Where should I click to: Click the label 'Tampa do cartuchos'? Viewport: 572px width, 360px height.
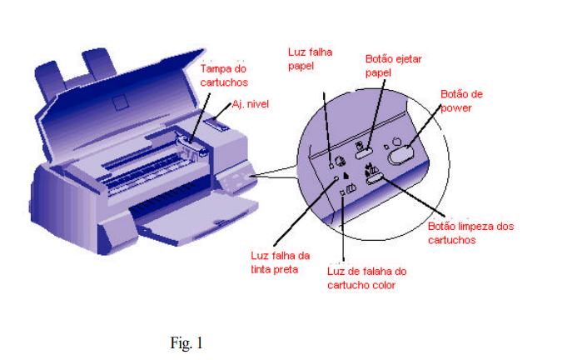[224, 76]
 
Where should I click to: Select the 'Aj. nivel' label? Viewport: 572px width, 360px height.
[251, 104]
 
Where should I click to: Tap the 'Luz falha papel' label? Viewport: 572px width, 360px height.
[310, 59]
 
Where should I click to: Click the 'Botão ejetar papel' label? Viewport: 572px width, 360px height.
[393, 66]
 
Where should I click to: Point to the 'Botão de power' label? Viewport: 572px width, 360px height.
[461, 101]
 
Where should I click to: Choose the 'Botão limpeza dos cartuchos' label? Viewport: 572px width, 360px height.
[470, 233]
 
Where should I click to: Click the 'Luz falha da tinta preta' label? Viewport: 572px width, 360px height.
[280, 262]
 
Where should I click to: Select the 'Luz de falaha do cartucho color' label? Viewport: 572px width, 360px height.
[366, 277]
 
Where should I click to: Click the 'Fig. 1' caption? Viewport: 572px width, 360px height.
[186, 342]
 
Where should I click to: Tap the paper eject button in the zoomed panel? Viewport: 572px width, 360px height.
[364, 153]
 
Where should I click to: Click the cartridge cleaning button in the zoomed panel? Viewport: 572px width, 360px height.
[375, 179]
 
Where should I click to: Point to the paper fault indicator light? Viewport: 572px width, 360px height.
[331, 166]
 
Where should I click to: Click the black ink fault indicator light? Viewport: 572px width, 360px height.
[336, 178]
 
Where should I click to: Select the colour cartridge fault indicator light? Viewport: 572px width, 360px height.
[342, 192]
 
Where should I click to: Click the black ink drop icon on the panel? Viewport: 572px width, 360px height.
[346, 176]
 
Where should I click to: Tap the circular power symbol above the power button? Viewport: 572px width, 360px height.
[397, 142]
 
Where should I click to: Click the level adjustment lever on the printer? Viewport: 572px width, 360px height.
[217, 124]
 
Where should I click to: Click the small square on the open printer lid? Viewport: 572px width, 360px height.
[120, 102]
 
